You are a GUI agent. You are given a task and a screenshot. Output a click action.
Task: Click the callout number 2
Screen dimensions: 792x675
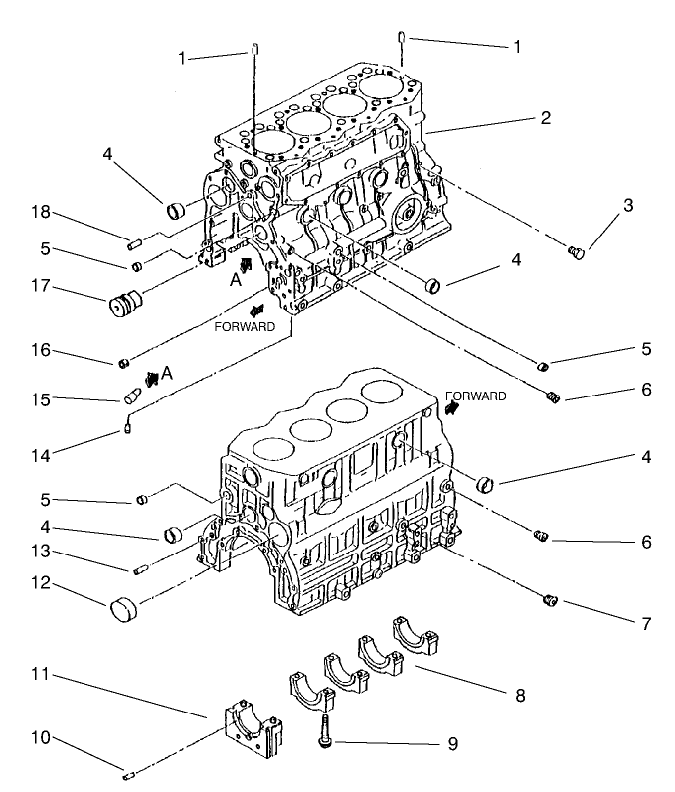click(546, 117)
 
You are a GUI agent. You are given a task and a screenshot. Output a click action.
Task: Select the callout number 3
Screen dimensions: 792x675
click(628, 206)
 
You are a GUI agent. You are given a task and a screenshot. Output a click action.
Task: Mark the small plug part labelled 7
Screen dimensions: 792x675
click(550, 599)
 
